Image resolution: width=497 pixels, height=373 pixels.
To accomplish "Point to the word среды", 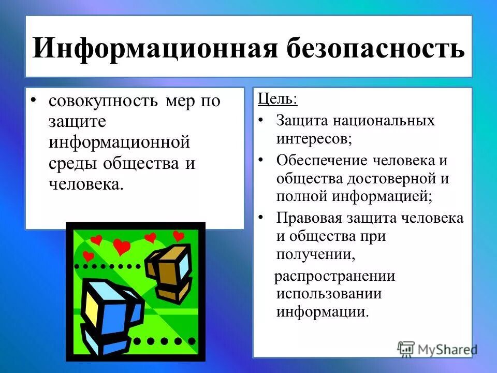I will [72, 163].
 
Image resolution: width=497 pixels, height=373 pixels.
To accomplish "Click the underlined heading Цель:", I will [277, 99].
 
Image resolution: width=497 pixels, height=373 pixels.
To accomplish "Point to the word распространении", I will [334, 276].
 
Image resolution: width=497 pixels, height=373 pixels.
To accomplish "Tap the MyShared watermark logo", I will [437, 349].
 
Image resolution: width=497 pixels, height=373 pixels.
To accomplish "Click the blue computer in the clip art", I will [111, 313].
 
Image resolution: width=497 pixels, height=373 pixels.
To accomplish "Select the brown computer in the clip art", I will [168, 272].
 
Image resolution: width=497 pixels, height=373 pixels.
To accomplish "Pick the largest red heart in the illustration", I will [122, 247].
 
